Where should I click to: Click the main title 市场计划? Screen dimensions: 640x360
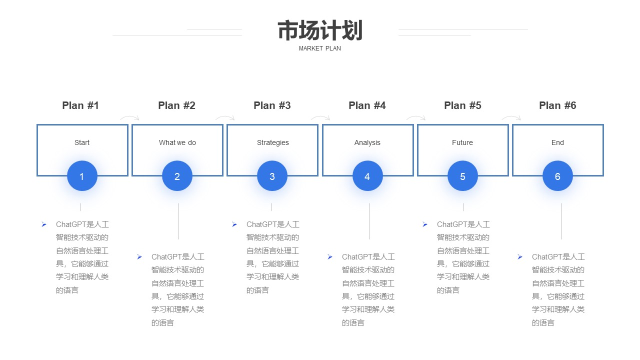[320, 30]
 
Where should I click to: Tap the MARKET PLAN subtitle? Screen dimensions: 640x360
[319, 48]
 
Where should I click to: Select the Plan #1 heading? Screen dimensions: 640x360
[80, 105]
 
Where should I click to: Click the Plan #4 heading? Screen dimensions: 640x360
[367, 105]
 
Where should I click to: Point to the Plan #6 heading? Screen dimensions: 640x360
[557, 105]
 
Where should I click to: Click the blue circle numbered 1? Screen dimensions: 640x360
[82, 176]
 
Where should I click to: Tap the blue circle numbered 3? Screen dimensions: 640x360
[272, 176]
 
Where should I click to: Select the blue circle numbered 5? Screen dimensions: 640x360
[462, 176]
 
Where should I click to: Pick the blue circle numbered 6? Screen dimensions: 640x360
[557, 176]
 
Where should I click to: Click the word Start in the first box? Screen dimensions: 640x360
[82, 142]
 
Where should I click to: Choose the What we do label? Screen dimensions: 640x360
[177, 142]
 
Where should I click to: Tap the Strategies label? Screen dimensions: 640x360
[273, 142]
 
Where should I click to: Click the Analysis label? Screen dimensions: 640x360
[367, 142]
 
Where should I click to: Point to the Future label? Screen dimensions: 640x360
[462, 142]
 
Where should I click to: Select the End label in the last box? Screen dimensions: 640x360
[557, 142]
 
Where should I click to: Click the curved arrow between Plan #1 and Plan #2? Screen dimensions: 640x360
[129, 116]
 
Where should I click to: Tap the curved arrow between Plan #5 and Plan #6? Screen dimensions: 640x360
[511, 116]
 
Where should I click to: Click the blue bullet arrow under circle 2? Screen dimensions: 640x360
[139, 257]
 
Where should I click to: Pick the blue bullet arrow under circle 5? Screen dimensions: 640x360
[425, 224]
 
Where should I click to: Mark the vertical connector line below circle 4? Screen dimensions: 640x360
[369, 221]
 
